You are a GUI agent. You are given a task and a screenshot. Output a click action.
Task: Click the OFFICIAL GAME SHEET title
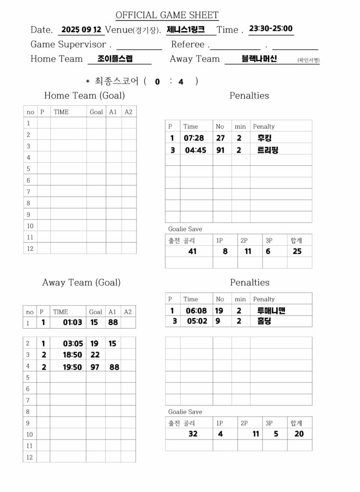tap(167, 15)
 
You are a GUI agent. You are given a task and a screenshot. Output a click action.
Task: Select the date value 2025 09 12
tap(81, 29)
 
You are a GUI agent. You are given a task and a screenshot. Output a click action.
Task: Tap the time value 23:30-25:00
tap(271, 28)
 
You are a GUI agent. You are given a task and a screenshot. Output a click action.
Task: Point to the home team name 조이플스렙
tap(115, 59)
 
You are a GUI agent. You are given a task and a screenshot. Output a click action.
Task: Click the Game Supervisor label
tap(68, 44)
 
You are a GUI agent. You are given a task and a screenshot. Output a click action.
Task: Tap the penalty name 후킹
tap(265, 138)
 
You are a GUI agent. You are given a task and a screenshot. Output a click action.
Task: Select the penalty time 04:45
tap(196, 150)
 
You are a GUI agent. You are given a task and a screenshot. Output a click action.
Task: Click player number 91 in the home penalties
tap(220, 150)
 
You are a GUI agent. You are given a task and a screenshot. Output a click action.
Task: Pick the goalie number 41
tap(192, 251)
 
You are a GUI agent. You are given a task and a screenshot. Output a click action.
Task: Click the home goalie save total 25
tap(297, 251)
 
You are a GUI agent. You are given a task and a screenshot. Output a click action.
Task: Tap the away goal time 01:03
tap(73, 322)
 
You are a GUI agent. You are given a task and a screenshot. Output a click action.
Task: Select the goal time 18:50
tap(73, 355)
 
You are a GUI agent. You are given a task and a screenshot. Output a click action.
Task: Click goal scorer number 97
tap(95, 367)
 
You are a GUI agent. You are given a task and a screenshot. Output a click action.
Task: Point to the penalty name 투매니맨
tap(271, 310)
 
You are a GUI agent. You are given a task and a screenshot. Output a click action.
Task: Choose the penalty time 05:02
tap(197, 321)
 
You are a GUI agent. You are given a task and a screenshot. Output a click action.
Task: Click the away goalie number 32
tap(193, 433)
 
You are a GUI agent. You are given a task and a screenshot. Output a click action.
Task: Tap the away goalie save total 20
tap(299, 433)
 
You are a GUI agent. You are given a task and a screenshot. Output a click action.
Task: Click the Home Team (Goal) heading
tap(84, 96)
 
